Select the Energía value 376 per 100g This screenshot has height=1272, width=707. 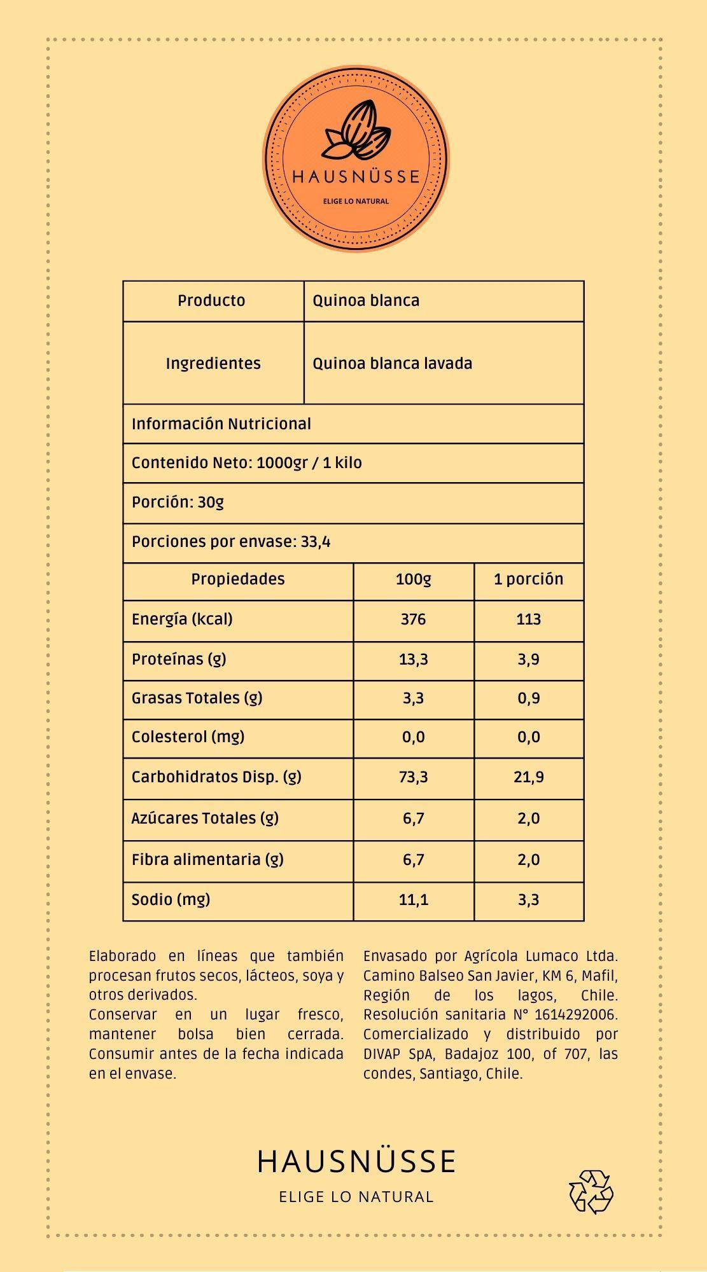[x=413, y=619]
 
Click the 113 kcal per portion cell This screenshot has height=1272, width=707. [x=528, y=619]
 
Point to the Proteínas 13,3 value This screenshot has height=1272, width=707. [x=413, y=660]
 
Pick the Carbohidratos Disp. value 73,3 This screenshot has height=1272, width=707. [x=413, y=777]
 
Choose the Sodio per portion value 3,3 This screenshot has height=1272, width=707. [x=528, y=900]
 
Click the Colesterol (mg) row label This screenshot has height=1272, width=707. [x=188, y=737]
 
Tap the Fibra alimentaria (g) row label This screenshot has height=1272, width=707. [x=207, y=860]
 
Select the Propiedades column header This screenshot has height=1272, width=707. [x=237, y=579]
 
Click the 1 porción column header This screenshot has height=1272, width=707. [x=528, y=579]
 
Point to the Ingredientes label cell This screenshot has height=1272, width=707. [x=213, y=364]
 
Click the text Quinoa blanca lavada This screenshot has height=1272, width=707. [x=392, y=364]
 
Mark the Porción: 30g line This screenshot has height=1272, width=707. [x=178, y=502]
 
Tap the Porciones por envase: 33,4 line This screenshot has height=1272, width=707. [x=231, y=543]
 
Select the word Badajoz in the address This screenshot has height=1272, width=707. [x=470, y=1054]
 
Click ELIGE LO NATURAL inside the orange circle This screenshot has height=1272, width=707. [x=356, y=201]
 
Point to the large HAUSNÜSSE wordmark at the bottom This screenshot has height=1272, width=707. [x=356, y=1161]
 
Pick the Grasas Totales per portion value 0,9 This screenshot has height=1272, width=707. [x=528, y=698]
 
